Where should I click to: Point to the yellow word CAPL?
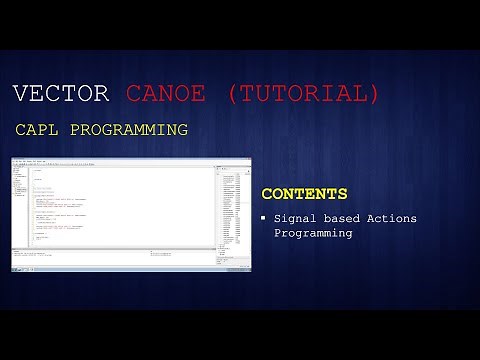click(x=37, y=130)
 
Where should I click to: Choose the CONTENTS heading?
click(x=304, y=194)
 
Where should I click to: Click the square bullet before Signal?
click(x=263, y=218)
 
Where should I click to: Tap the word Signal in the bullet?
click(x=297, y=218)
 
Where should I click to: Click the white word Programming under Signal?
click(x=313, y=233)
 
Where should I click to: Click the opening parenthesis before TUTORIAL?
click(x=232, y=94)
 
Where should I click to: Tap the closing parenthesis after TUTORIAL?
click(x=373, y=94)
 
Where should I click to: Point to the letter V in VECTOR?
click(x=21, y=94)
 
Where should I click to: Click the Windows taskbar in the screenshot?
click(x=130, y=269)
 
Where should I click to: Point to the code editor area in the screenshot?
click(x=120, y=205)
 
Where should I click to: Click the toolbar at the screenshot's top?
click(x=130, y=162)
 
